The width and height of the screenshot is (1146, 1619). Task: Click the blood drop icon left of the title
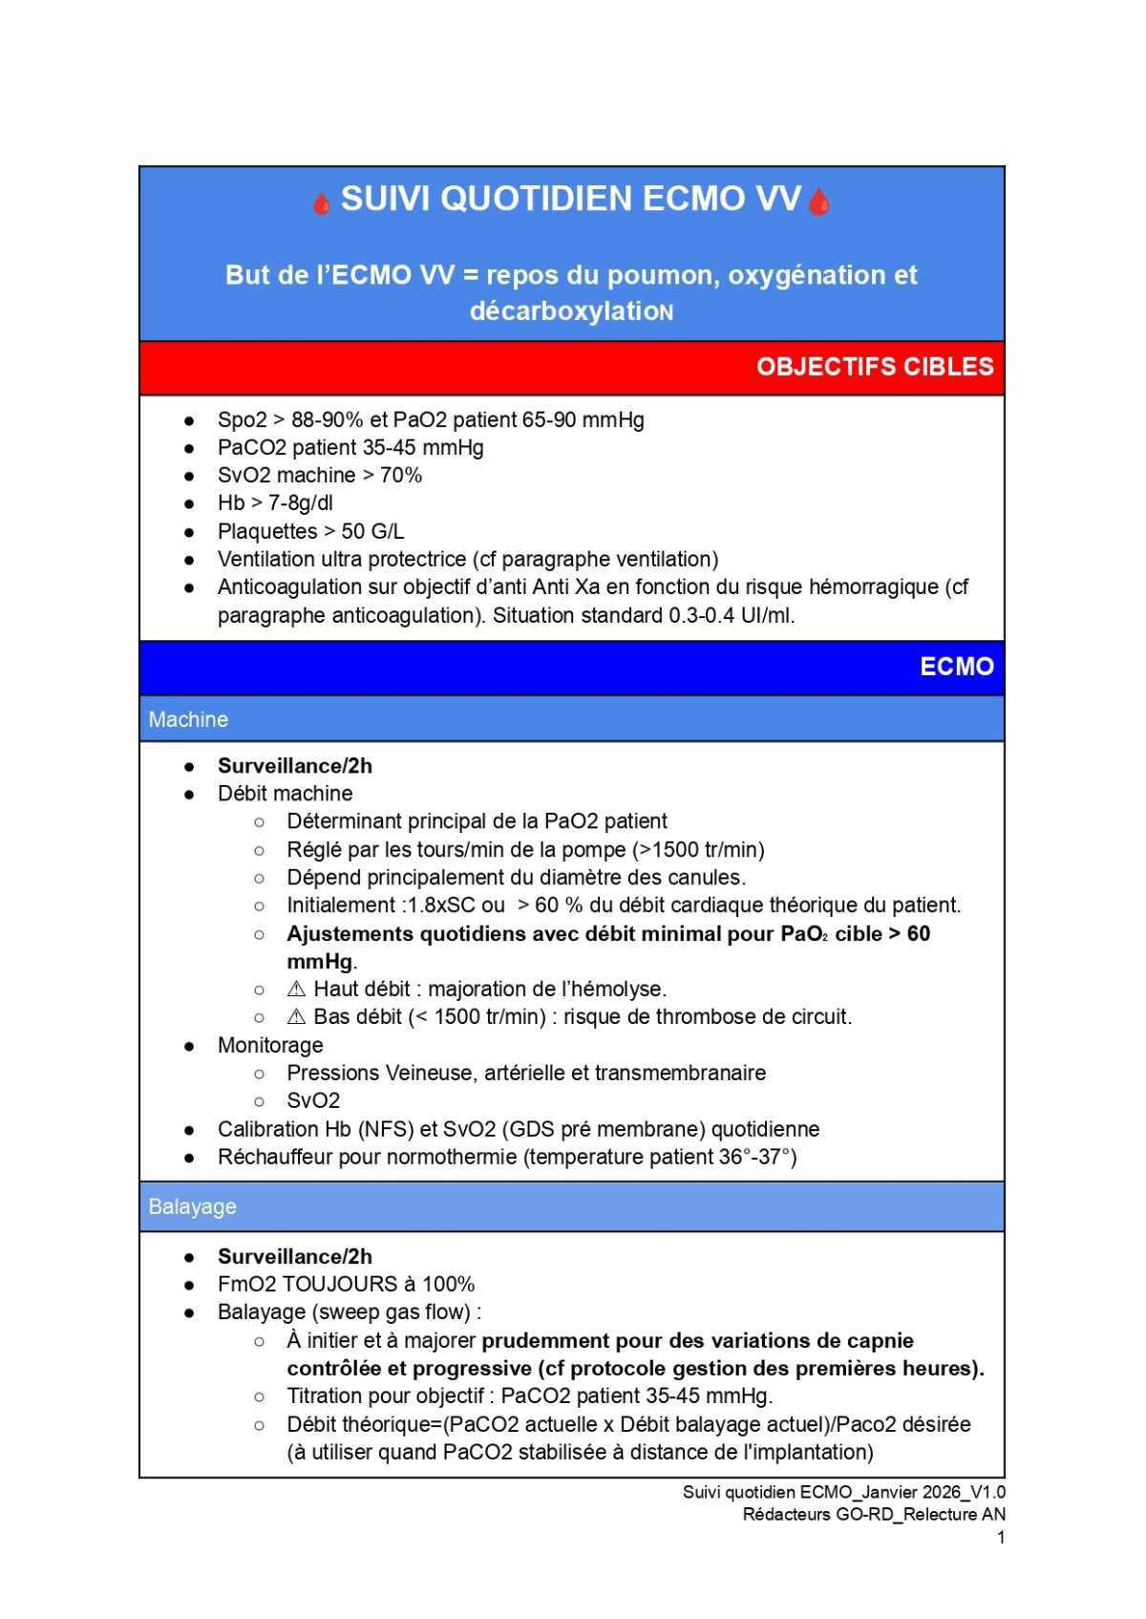tap(322, 203)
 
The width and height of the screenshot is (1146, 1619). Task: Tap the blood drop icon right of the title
tap(818, 203)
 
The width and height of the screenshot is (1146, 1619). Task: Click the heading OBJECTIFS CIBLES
tap(875, 367)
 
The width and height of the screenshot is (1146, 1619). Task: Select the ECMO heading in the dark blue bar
tap(956, 667)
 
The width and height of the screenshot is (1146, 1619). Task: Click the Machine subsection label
tap(188, 719)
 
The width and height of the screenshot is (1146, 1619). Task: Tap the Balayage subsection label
tap(192, 1206)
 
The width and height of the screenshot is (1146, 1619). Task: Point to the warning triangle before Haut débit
tap(296, 990)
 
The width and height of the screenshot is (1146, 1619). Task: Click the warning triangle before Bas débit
tap(296, 1017)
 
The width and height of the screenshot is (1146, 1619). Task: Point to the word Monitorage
tap(270, 1045)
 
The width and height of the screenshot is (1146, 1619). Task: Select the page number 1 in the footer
tap(1000, 1537)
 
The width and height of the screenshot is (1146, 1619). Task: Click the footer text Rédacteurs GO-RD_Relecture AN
tap(873, 1514)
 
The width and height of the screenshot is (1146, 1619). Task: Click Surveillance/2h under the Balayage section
tap(294, 1256)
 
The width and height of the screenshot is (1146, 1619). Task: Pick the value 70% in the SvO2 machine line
tap(401, 475)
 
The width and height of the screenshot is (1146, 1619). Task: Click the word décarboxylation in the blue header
tap(571, 311)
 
